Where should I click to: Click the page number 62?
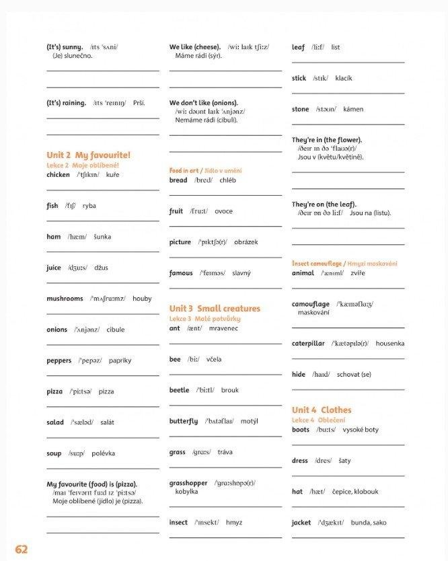click(x=21, y=549)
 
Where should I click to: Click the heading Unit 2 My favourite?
click(x=88, y=155)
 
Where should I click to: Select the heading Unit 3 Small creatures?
click(x=215, y=309)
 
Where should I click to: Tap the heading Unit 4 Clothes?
click(x=322, y=410)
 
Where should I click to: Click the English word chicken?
click(x=58, y=175)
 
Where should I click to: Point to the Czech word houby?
click(x=142, y=299)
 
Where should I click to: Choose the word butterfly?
click(x=184, y=422)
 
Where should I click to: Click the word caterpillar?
click(x=308, y=344)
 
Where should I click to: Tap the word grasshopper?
click(x=188, y=484)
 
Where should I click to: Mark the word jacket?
click(x=301, y=523)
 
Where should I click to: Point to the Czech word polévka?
click(x=104, y=453)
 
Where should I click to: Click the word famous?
click(x=181, y=273)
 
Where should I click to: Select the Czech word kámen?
click(x=353, y=109)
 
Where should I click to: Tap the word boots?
click(x=301, y=430)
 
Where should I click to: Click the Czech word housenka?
click(x=390, y=344)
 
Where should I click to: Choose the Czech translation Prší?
click(x=139, y=103)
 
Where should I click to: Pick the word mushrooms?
click(x=65, y=299)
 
